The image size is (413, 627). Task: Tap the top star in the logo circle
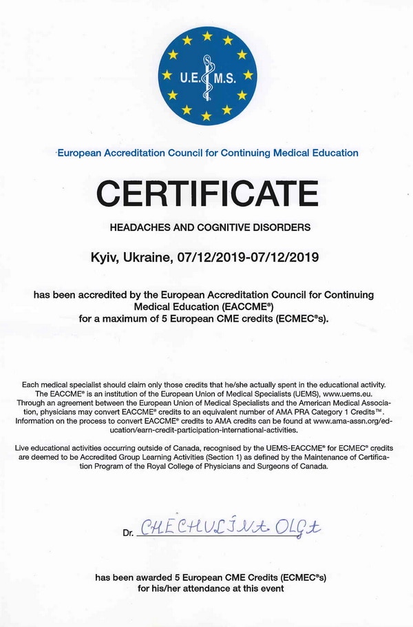[x=206, y=35]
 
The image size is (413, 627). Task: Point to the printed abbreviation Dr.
[x=128, y=533]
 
